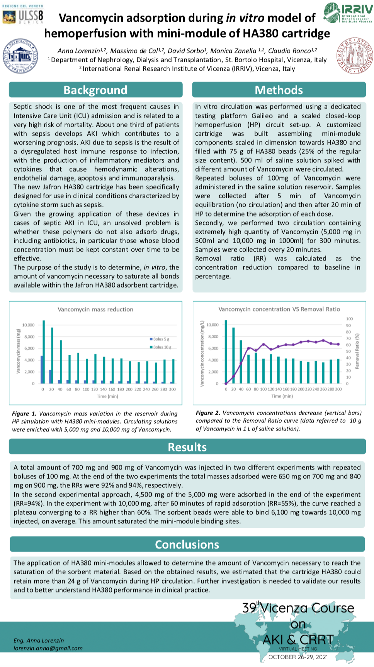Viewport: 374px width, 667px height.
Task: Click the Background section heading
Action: point(95,90)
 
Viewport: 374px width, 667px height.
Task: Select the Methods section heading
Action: point(279,90)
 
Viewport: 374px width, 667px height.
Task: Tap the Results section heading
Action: point(187,447)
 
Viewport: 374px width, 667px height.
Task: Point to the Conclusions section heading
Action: point(187,544)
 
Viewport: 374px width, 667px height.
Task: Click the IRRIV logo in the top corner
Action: point(348,13)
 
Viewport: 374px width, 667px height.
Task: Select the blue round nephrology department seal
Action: point(20,56)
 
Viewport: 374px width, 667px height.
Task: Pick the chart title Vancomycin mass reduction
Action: point(95,309)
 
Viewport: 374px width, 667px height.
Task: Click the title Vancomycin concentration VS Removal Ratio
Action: point(279,309)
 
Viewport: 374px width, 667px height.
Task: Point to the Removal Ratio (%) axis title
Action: point(357,351)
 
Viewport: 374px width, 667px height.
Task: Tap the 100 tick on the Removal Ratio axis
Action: point(349,319)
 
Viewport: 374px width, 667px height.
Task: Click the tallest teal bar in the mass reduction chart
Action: point(44,352)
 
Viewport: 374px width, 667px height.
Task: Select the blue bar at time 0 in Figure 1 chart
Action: point(41,369)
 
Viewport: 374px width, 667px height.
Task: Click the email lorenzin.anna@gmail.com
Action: point(48,648)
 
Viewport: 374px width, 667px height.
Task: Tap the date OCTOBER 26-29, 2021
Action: point(298,657)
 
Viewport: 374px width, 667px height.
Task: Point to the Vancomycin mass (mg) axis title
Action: point(18,351)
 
